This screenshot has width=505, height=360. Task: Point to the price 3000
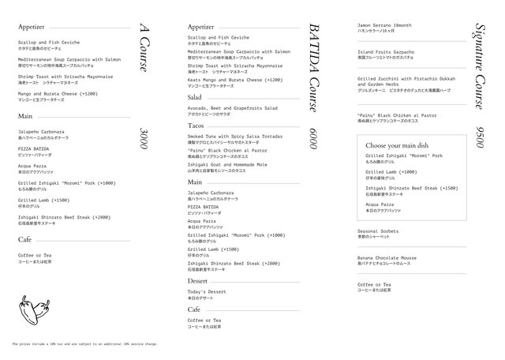(142, 140)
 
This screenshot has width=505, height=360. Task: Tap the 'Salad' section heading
(196, 96)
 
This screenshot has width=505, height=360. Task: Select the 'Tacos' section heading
(196, 126)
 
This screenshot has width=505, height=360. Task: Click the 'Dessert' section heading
(198, 280)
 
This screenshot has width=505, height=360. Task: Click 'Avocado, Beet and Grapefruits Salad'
(233, 108)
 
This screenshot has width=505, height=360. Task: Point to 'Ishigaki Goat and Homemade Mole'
(228, 164)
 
